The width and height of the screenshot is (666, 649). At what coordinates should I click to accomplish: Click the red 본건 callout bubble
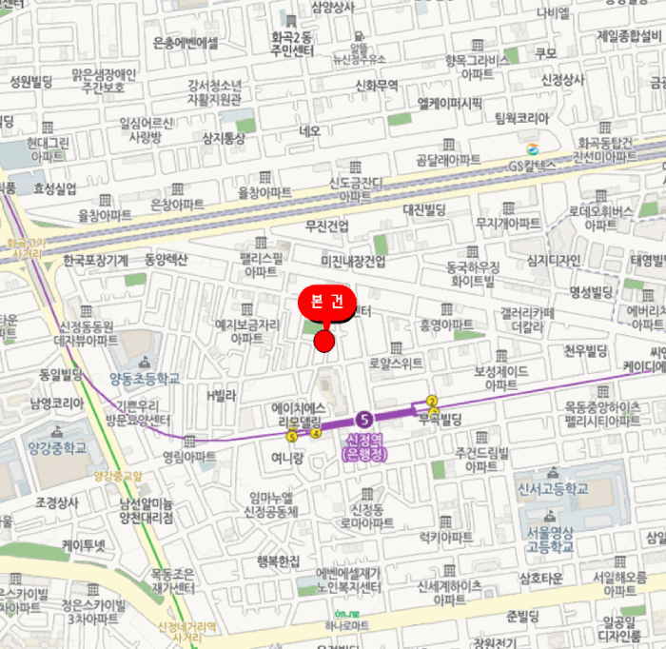click(x=327, y=303)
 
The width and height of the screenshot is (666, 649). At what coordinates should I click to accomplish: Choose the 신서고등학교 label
click(x=552, y=487)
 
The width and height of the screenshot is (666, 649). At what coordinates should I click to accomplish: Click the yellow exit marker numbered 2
click(x=431, y=401)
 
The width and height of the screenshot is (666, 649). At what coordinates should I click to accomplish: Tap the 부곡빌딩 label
click(x=439, y=418)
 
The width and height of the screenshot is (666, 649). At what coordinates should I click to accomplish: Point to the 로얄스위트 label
click(x=395, y=363)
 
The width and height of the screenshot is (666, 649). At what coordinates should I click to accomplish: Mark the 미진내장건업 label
click(x=353, y=261)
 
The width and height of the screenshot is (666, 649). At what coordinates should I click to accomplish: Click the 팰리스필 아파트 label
click(x=262, y=265)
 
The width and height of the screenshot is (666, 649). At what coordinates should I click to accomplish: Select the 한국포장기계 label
click(x=95, y=260)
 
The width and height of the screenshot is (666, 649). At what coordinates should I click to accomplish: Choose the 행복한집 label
click(x=277, y=561)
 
